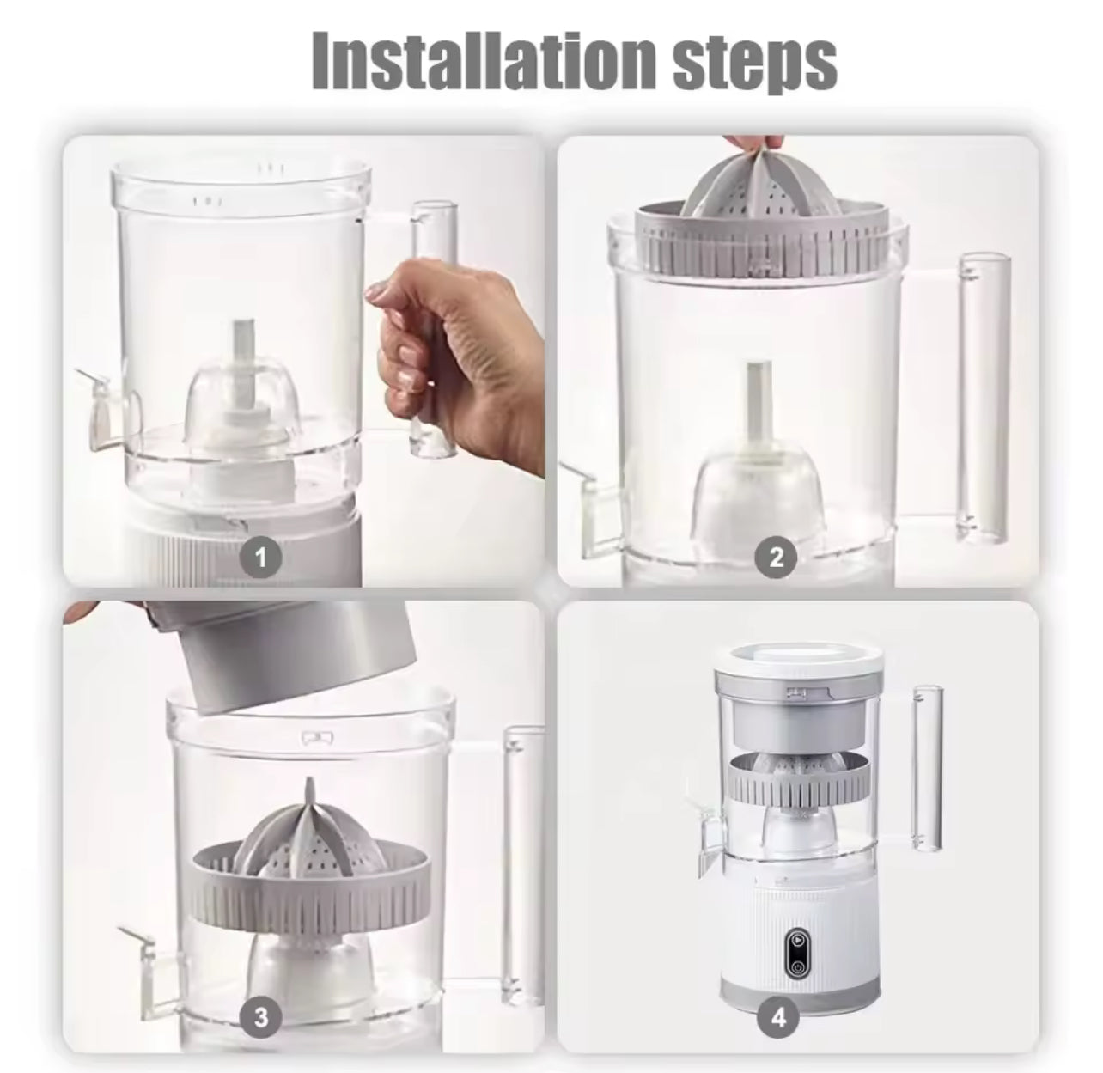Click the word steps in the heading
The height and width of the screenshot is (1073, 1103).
[754, 64]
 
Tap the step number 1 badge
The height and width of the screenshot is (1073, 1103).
[261, 558]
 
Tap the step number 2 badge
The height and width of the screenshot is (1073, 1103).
[776, 558]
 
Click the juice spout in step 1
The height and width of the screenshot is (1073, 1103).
[107, 409]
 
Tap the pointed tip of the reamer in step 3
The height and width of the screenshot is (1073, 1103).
[309, 783]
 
